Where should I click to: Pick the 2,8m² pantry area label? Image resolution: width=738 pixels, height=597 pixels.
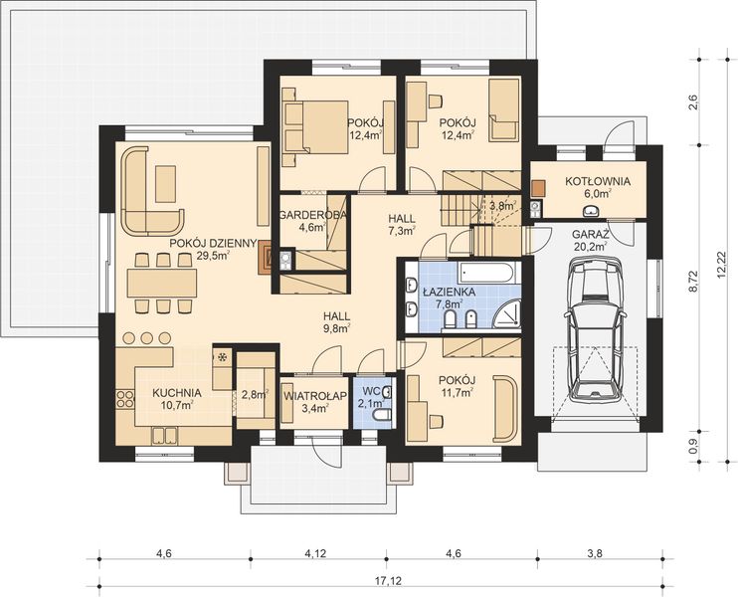255,394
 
